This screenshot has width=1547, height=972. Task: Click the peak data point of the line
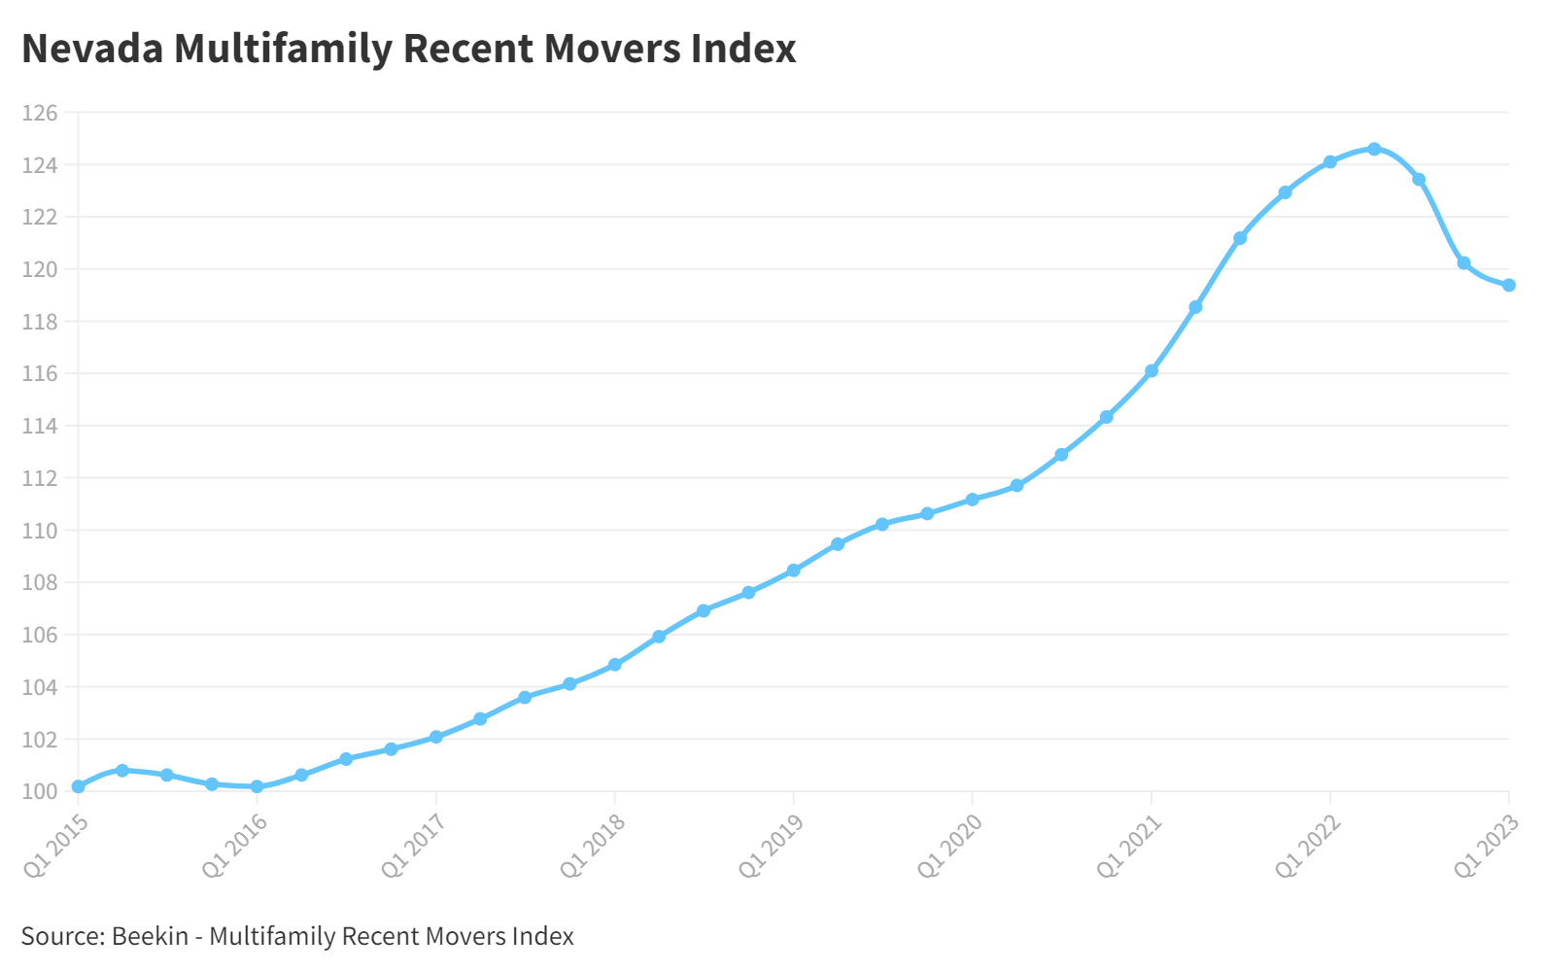1374,149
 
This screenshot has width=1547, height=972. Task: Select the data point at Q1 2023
1508,285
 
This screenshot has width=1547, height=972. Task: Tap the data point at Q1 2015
78,786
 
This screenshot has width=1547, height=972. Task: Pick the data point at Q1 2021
1151,370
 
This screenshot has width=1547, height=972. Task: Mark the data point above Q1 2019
793,571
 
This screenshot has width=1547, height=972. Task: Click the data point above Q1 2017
435,737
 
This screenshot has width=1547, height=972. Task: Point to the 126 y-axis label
40,113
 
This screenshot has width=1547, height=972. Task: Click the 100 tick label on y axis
40,791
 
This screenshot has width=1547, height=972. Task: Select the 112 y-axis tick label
40,478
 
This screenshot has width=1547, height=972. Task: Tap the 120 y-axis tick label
40,269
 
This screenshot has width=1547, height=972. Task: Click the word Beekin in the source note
150,936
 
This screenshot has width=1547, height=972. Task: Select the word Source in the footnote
61,936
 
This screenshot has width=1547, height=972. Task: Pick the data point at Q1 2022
1329,161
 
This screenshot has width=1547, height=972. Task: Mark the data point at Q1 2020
972,500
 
